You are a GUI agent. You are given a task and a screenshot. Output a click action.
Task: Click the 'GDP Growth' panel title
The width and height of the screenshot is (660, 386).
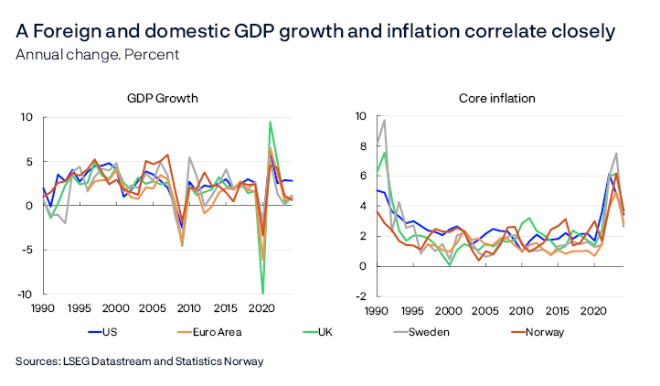coord(163,98)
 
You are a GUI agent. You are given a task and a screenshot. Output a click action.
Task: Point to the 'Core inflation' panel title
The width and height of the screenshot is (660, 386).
coord(498,98)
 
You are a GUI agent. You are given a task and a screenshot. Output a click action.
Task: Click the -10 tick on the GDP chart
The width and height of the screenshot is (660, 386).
coord(26,294)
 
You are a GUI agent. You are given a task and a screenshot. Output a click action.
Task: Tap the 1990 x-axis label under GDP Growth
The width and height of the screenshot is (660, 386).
coord(42,310)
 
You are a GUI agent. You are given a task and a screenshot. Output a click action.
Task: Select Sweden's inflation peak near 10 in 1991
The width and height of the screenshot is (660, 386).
coord(358,120)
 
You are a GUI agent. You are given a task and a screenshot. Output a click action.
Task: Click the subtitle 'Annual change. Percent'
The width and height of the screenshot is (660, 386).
coord(97,54)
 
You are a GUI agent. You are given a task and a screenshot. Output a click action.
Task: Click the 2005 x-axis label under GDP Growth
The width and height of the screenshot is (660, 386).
coord(153,310)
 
